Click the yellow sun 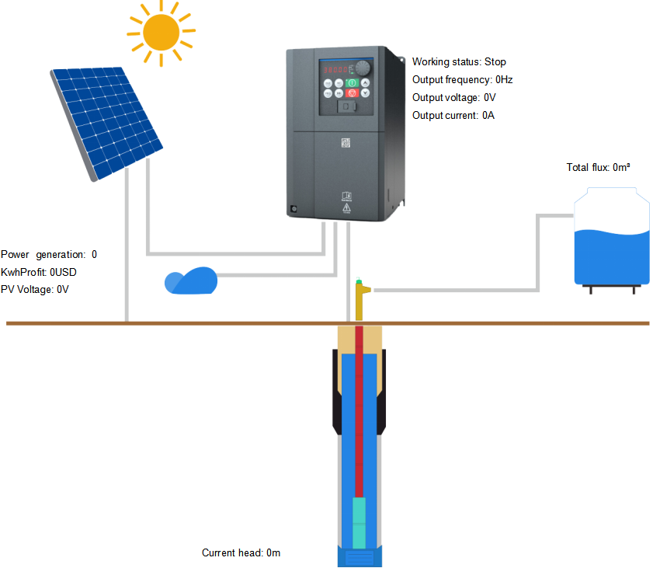pos(162,33)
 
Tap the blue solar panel pos(106,120)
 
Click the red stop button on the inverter pos(351,93)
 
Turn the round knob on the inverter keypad pos(364,68)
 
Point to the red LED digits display pos(337,68)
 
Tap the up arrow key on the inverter pos(365,82)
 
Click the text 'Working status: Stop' pos(459,62)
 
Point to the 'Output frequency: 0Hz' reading pos(462,80)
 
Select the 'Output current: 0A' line pos(453,116)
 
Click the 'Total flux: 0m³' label pos(598,167)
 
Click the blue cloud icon pos(191,281)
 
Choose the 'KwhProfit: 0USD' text pos(39,272)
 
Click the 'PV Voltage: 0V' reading pos(35,289)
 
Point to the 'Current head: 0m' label pos(241,553)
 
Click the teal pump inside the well pos(359,521)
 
